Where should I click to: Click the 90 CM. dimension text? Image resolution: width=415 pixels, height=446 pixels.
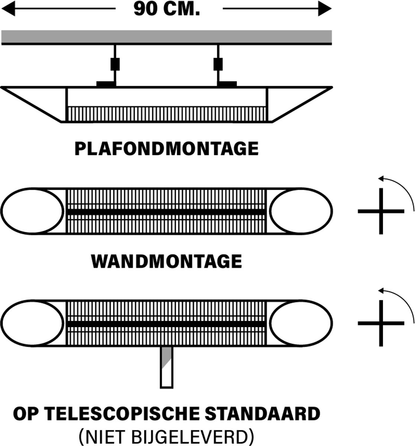(167, 9)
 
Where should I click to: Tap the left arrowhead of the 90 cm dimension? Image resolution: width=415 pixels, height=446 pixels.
(8, 9)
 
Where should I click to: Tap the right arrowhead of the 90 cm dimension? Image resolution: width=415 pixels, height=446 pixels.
(325, 9)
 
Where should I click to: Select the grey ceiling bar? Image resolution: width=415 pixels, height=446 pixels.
(167, 37)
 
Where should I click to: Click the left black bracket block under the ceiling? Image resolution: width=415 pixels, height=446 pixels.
(115, 64)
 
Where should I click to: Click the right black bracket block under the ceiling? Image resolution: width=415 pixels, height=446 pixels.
(218, 64)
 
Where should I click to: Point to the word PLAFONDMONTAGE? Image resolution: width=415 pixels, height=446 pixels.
(167, 148)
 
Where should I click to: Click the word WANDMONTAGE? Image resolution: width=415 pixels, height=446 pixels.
(167, 261)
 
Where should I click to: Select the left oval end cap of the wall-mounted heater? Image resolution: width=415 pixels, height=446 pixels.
(33, 211)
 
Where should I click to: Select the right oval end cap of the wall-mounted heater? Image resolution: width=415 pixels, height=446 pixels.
(301, 211)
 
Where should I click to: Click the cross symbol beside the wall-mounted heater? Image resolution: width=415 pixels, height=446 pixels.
(381, 211)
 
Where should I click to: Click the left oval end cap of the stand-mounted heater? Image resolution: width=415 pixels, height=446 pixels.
(33, 323)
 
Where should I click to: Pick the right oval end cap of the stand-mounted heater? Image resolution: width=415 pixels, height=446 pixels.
(301, 323)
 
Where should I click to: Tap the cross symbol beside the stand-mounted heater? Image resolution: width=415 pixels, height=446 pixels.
(381, 323)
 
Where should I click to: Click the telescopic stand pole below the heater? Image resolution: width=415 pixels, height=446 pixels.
(167, 368)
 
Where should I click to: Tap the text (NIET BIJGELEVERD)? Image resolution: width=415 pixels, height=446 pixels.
(167, 436)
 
